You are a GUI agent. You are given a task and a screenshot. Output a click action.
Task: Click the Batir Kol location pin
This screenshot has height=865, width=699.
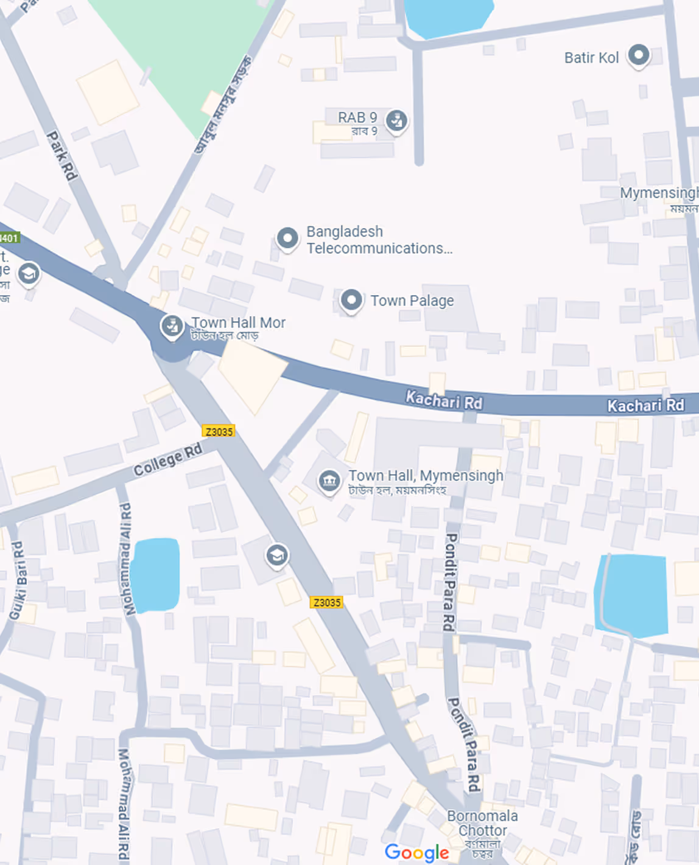click(x=638, y=55)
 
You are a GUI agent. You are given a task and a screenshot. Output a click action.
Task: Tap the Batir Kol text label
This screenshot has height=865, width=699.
click(x=591, y=58)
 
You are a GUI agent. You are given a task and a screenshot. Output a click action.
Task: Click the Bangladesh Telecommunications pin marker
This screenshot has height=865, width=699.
click(x=287, y=238)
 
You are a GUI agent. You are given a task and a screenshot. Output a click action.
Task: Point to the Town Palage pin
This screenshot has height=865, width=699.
click(x=351, y=300)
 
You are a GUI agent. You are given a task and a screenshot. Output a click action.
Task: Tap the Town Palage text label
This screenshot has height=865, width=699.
click(x=412, y=300)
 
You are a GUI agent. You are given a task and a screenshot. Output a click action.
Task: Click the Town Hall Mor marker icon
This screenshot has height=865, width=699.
click(x=172, y=325)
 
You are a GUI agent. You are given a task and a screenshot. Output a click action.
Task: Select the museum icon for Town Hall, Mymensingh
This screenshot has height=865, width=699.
click(x=329, y=481)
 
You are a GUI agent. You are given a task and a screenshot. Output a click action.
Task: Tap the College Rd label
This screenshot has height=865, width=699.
click(x=167, y=460)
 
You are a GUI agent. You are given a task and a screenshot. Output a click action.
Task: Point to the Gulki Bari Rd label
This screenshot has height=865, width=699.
click(x=18, y=580)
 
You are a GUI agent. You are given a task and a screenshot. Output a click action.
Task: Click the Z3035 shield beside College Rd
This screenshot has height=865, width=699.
click(x=219, y=431)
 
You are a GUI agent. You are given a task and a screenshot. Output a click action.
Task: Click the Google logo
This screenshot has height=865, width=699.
click(x=416, y=852)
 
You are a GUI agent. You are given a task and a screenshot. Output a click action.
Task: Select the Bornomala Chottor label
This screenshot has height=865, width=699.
click(x=482, y=823)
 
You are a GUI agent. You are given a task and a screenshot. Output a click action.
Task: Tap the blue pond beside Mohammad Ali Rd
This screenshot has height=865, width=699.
click(x=155, y=575)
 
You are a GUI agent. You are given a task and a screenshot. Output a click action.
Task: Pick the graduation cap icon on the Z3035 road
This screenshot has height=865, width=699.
click(x=277, y=555)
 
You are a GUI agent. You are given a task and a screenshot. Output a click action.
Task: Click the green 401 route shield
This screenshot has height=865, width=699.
click(x=9, y=237)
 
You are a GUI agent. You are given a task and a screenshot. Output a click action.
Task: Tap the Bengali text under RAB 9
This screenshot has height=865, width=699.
click(x=364, y=131)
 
